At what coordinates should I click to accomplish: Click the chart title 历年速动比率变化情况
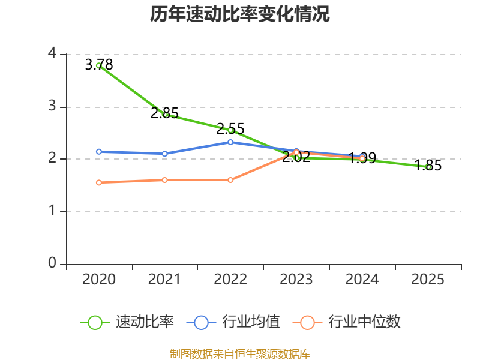(239, 14)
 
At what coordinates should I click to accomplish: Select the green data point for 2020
(99, 65)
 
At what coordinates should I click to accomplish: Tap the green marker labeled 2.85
(164, 115)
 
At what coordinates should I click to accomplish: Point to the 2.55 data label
(230, 128)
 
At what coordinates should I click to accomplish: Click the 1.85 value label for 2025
(428, 166)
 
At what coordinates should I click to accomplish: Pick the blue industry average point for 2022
(230, 142)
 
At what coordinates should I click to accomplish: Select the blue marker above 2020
(99, 152)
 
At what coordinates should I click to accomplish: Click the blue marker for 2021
(164, 154)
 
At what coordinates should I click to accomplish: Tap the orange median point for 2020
(99, 183)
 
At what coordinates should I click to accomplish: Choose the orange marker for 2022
(230, 180)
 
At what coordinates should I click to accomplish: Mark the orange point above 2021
(164, 180)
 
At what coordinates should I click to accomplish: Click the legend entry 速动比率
(127, 322)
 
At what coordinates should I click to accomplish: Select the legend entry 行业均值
(233, 322)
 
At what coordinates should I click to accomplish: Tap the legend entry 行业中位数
(347, 322)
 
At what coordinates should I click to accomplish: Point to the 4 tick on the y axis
(52, 53)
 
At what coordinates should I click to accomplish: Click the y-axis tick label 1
(52, 211)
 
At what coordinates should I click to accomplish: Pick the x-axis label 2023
(296, 280)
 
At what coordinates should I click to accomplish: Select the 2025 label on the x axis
(428, 280)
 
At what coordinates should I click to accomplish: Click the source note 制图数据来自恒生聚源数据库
(240, 354)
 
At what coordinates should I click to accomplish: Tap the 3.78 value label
(99, 65)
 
